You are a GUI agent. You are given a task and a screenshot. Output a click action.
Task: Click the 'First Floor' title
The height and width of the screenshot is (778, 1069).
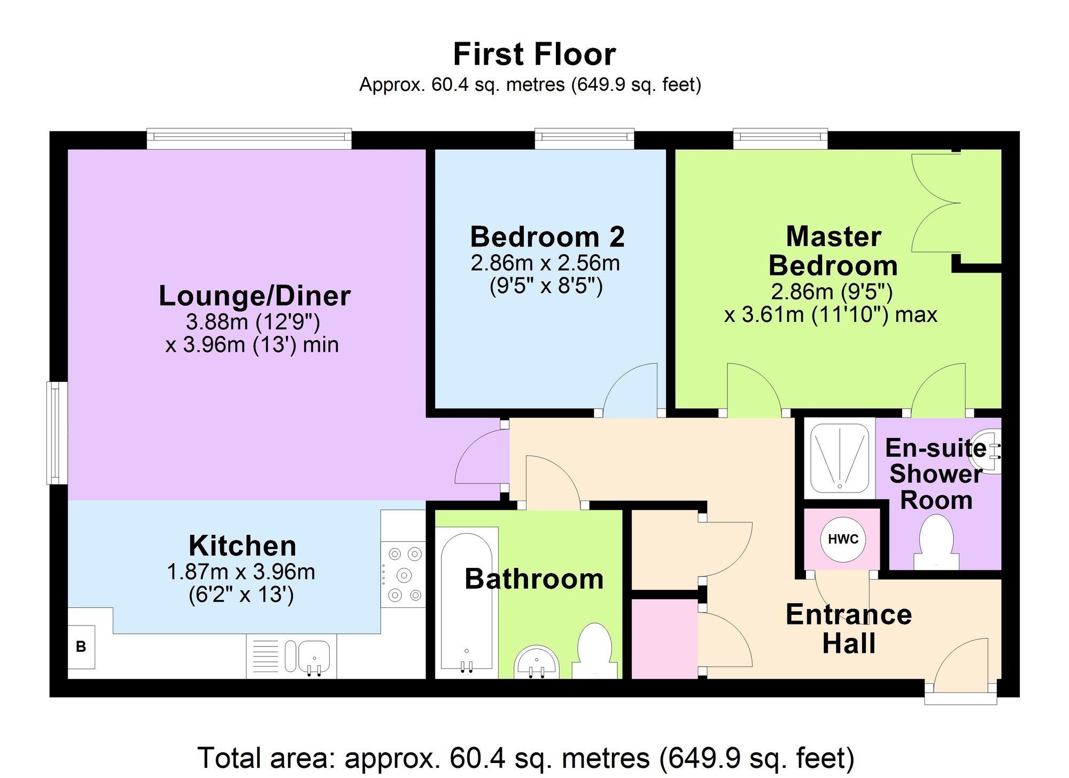coord(534,55)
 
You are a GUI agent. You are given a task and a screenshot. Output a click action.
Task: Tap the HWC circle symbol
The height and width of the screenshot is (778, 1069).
coord(843,539)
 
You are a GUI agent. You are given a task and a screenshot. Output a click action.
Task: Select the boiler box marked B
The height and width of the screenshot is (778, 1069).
coord(81,647)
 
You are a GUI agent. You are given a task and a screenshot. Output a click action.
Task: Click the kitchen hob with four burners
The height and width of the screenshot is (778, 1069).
coord(404,574)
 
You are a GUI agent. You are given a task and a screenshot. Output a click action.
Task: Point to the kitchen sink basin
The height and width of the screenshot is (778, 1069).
coord(314,656)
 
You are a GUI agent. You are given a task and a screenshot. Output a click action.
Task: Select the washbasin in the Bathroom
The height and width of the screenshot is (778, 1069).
coord(537,663)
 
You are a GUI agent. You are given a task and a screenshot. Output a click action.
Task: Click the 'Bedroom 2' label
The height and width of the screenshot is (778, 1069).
coord(547,237)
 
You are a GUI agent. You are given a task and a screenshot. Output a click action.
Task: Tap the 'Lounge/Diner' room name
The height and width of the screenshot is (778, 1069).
coord(254,296)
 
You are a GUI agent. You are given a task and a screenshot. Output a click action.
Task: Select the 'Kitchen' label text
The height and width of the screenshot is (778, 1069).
coord(243,546)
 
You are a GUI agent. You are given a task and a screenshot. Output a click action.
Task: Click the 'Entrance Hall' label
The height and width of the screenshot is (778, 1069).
coord(849,629)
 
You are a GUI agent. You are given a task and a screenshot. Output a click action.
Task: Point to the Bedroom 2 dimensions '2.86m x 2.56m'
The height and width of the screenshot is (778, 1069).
coord(545,263)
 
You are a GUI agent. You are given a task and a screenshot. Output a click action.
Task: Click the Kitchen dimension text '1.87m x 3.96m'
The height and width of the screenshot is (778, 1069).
coord(241,572)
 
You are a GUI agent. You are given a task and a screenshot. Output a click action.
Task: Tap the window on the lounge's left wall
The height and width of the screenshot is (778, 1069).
coord(57,433)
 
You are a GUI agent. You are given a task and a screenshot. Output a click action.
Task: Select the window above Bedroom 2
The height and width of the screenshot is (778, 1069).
coord(585,138)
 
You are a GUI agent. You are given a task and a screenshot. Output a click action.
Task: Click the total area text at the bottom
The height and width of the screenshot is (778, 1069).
coord(526,758)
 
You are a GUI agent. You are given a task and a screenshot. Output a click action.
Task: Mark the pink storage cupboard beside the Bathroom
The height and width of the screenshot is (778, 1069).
coord(664,639)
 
